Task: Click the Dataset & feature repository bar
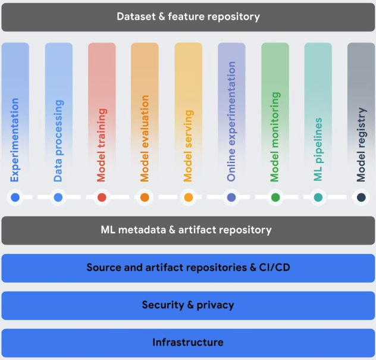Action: click(x=188, y=17)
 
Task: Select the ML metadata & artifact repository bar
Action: click(x=188, y=230)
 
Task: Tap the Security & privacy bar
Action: click(x=188, y=305)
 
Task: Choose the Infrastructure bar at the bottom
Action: click(x=188, y=343)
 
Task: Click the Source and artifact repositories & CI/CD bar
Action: click(x=188, y=268)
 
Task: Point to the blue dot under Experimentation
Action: click(x=15, y=198)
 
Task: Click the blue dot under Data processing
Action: click(x=58, y=198)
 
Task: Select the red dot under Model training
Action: click(x=102, y=198)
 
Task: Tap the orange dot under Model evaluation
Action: click(x=145, y=198)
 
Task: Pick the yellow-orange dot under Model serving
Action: click(x=188, y=198)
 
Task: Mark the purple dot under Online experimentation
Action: click(x=231, y=198)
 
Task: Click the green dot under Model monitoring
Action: click(x=275, y=198)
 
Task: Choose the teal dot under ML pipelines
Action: click(x=318, y=198)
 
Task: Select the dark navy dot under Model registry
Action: click(x=361, y=198)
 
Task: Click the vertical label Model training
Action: click(x=102, y=145)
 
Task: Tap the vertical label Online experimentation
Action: click(x=231, y=121)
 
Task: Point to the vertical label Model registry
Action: click(x=361, y=145)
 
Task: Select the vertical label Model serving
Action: click(x=188, y=146)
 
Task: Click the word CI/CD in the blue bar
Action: click(x=273, y=268)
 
